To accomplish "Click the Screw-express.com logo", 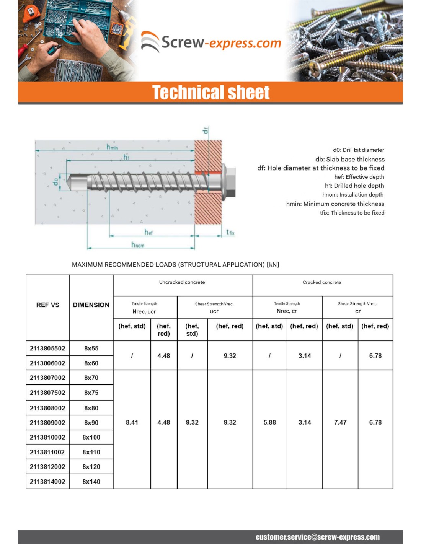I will [x=211, y=42].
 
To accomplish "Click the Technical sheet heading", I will [x=211, y=93].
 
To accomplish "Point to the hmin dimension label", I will [x=112, y=147].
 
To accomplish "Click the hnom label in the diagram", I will [x=138, y=245].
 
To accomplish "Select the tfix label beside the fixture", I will [x=230, y=232].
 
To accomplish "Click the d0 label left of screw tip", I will [x=56, y=181].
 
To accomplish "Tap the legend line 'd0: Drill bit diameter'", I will [x=358, y=150].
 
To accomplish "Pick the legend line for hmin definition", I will [x=335, y=204].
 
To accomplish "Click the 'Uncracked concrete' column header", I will [x=182, y=282].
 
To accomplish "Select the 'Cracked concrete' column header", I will [x=321, y=282].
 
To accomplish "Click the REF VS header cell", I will [x=48, y=305].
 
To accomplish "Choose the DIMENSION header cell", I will [x=91, y=305].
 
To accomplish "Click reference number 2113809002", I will [x=47, y=423].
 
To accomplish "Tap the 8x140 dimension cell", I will [x=91, y=482].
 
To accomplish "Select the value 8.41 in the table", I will [x=132, y=422].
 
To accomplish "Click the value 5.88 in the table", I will [x=270, y=422].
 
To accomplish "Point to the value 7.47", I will [x=340, y=422].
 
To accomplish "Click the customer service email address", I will [x=318, y=537].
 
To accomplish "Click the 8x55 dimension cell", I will [x=91, y=349].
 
